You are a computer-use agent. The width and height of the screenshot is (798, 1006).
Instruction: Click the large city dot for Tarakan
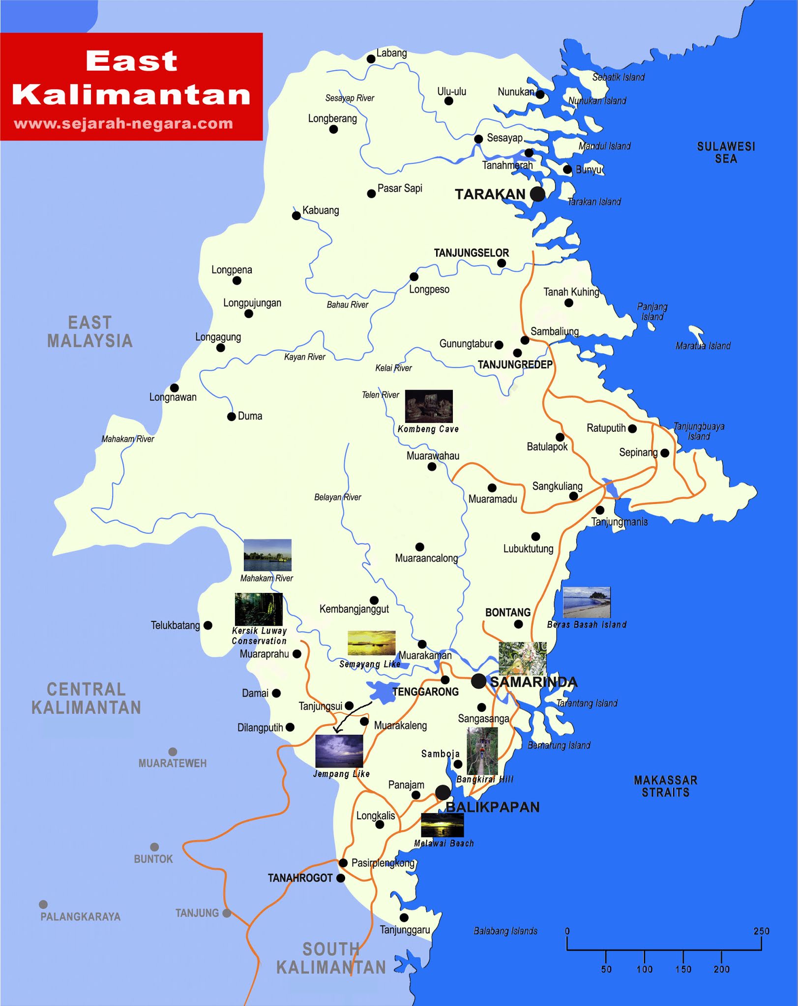537,194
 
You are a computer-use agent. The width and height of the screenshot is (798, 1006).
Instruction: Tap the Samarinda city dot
478,681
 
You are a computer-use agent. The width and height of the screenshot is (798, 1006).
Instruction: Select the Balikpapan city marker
443,792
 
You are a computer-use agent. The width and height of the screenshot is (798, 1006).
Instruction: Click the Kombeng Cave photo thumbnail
429,406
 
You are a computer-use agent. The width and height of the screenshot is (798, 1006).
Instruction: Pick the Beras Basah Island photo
587,603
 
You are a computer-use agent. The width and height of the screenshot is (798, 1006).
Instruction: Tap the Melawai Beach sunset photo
442,825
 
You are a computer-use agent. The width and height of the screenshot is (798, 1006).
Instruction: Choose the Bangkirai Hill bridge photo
482,751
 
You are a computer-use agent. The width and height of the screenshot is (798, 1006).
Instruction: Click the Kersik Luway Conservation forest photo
259,609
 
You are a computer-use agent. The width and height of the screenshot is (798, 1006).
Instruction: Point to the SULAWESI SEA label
726,152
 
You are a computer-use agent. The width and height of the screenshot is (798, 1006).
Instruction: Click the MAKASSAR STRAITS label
665,786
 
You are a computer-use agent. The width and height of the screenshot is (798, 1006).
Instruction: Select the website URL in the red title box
123,123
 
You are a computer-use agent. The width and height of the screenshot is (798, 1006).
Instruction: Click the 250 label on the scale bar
761,931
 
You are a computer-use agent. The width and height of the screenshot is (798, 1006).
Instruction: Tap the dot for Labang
371,59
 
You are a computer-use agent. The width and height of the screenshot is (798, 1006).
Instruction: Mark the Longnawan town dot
175,388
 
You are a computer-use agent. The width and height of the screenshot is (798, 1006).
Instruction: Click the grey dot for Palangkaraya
43,904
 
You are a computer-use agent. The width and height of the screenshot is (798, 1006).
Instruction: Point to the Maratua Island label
703,346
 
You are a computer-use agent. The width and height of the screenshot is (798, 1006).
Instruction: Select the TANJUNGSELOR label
471,253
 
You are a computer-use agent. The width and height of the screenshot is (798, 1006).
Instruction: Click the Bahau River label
347,305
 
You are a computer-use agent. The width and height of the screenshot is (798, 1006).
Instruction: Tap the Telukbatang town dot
208,625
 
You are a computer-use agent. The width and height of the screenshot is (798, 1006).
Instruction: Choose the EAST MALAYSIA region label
90,332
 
